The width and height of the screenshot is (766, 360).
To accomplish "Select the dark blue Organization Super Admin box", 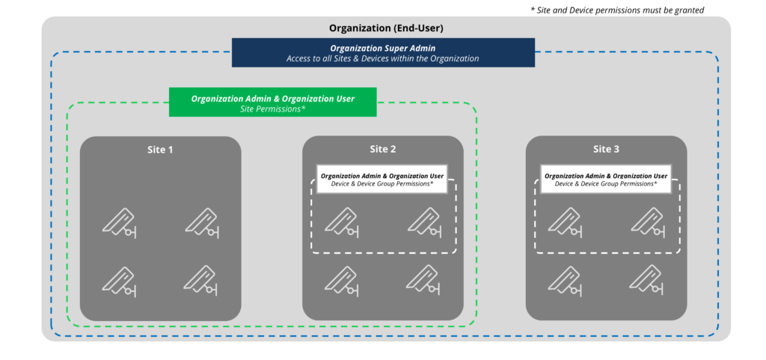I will (x=383, y=53).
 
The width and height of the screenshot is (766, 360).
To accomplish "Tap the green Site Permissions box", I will (x=272, y=103).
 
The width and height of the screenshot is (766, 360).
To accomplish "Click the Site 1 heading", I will (x=160, y=150).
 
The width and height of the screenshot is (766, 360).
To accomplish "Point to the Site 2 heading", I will (x=383, y=150).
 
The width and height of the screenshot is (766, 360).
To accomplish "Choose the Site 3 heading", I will (x=606, y=150).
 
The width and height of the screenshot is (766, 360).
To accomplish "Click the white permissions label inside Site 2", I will (x=382, y=180).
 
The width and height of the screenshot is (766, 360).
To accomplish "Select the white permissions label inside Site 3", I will (x=606, y=180).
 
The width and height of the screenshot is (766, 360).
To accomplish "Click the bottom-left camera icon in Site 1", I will (x=120, y=280).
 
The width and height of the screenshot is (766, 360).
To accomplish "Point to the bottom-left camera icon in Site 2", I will (x=342, y=280).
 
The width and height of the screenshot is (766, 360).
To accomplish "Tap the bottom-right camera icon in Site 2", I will (x=424, y=280).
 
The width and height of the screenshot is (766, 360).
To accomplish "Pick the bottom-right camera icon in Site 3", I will (x=647, y=280).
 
